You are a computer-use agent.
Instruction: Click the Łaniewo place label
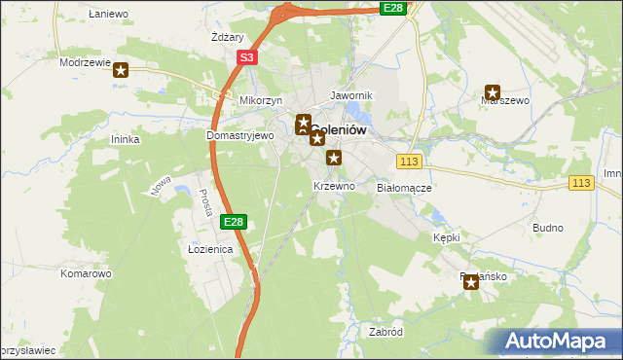pos(108,14)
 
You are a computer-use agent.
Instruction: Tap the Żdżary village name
pos(227,37)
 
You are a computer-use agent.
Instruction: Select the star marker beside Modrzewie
pos(121,69)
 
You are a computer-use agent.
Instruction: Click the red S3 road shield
pos(247,58)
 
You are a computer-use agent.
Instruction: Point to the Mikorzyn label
pos(260,100)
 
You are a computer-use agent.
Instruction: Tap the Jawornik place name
pos(351,96)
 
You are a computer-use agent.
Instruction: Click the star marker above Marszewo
pos(493,92)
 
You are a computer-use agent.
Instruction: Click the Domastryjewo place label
pos(240,136)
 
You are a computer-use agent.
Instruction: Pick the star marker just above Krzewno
pos(334,158)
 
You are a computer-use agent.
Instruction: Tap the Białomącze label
pos(404,187)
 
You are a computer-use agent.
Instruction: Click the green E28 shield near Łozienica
pos(233,222)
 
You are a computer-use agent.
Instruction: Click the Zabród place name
pos(385,331)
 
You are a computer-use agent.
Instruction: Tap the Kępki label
pos(446,236)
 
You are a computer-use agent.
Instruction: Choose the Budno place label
pos(548,228)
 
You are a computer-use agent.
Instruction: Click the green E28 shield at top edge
pos(392,8)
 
